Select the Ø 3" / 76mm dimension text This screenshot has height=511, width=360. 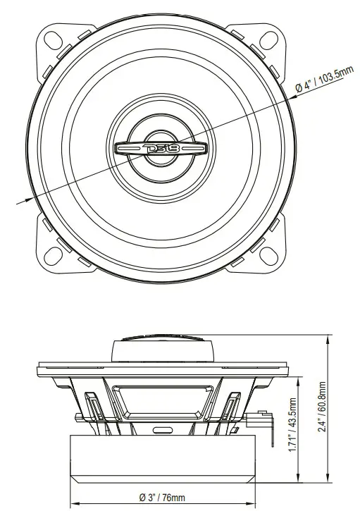click(x=162, y=498)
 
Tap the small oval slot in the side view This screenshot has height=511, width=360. click(x=163, y=429)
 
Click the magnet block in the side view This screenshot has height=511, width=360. click(x=163, y=458)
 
